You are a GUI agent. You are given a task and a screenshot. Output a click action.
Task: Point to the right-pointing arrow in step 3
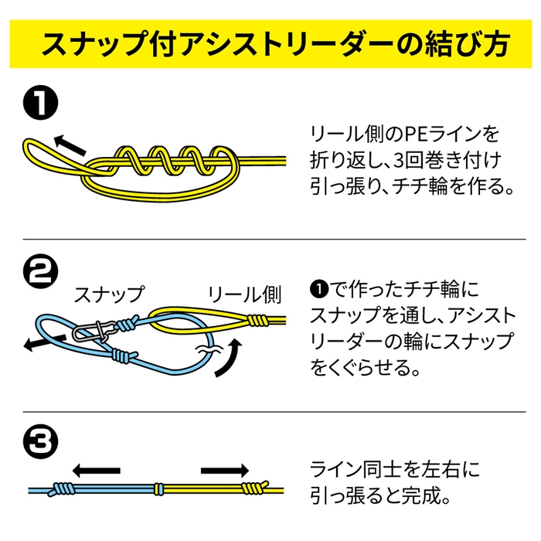coord(224,469)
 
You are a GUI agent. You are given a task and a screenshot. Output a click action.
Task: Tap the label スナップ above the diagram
coord(108,294)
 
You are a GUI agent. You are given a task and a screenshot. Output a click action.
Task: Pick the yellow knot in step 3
coord(252,489)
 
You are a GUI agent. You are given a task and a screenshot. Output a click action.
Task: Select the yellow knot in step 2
coord(257,318)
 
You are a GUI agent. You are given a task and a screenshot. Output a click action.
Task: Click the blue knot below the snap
coord(121,356)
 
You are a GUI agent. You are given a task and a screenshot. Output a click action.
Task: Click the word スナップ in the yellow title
coord(94,45)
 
